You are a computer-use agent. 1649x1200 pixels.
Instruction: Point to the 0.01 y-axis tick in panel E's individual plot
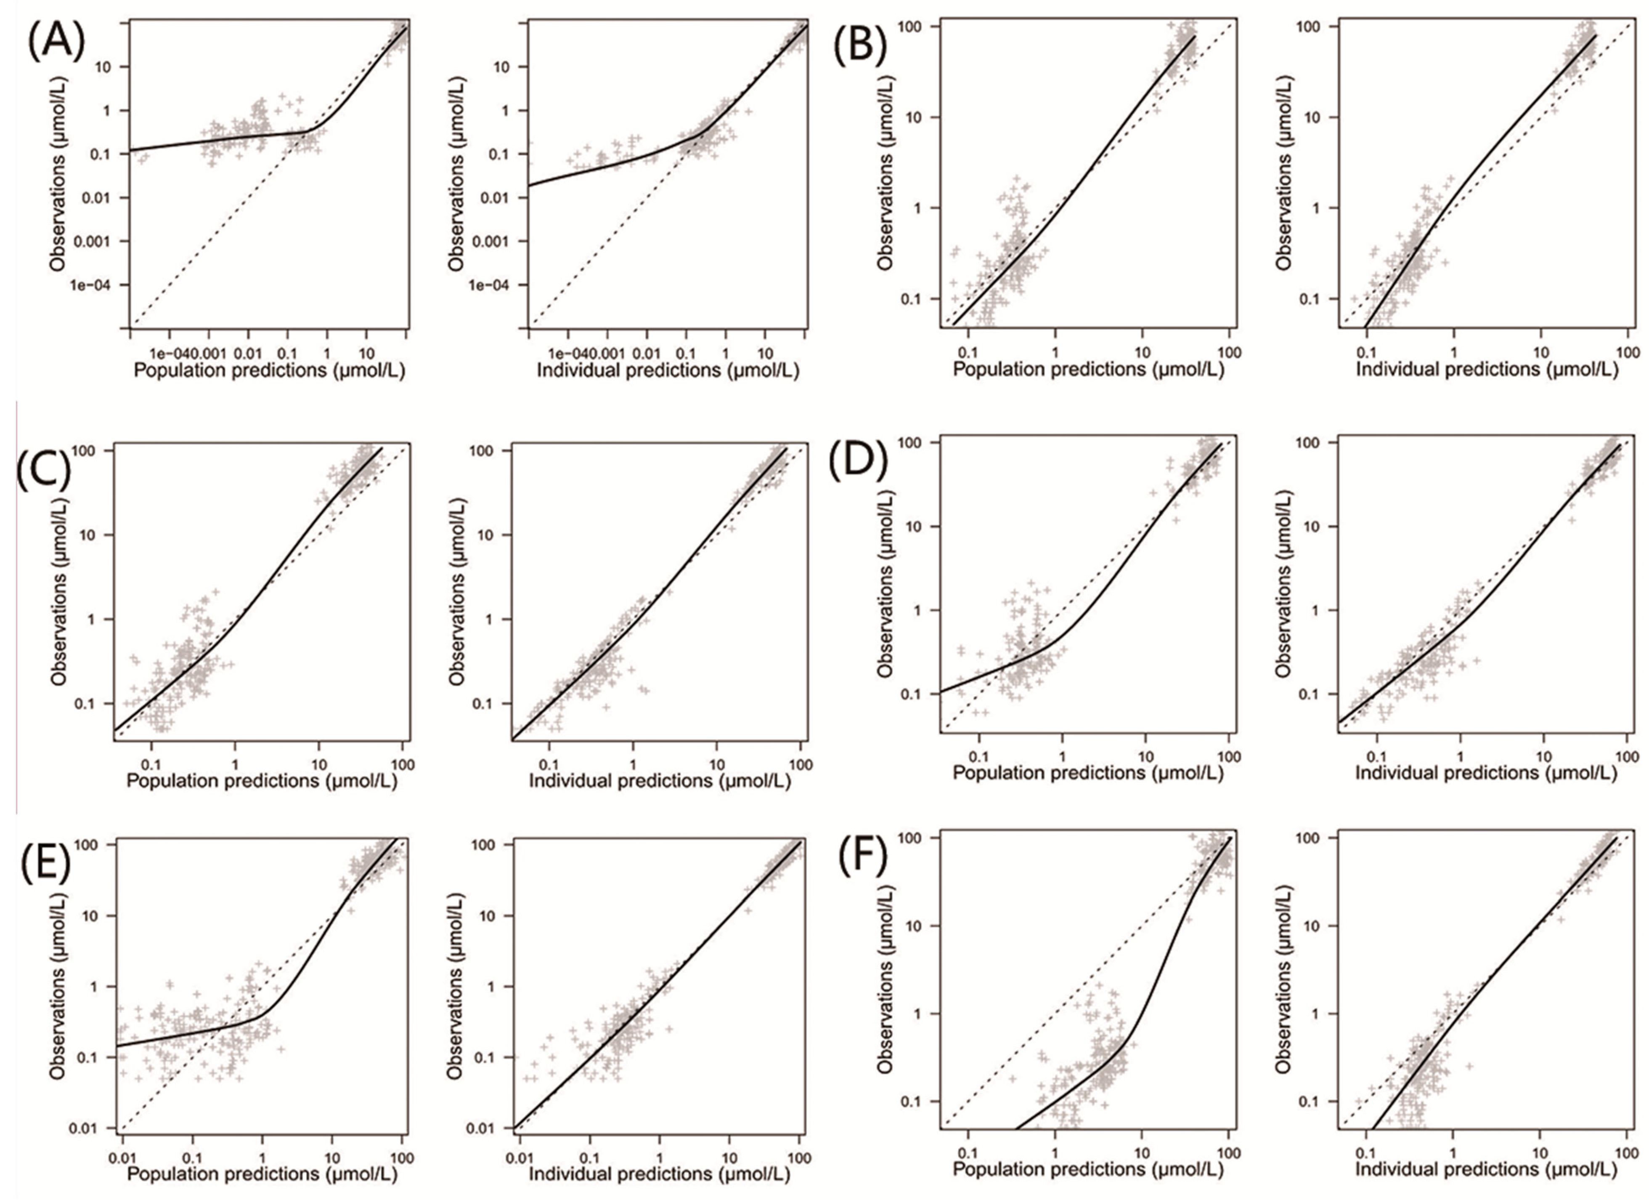(x=487, y=1128)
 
